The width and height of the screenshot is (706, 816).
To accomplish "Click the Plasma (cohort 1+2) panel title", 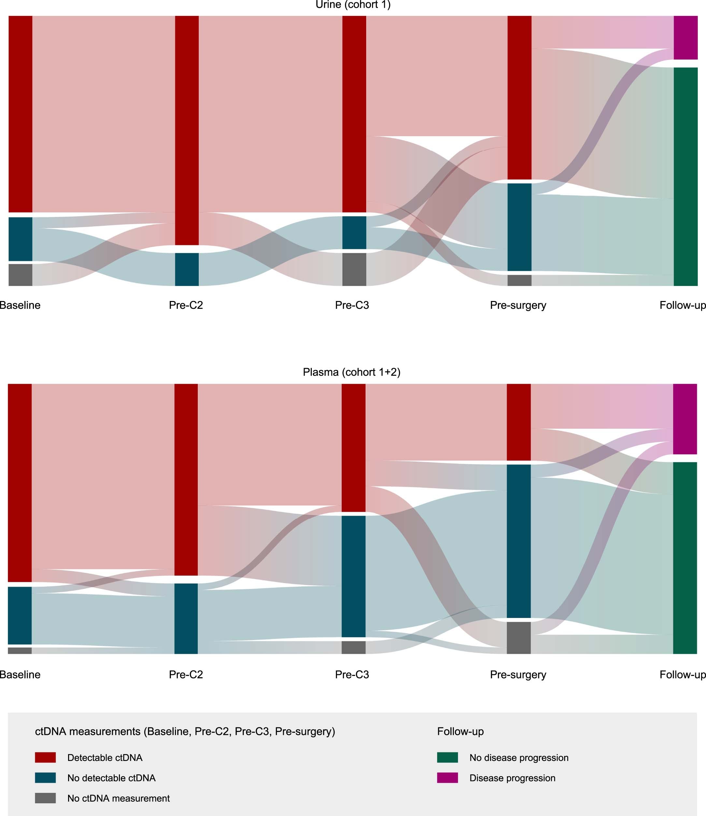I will pos(352,372).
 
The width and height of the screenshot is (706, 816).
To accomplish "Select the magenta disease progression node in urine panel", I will pos(685,37).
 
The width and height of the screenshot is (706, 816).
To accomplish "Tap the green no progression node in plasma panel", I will pos(685,558).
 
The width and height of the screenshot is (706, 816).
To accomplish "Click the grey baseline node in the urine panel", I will pos(20,275).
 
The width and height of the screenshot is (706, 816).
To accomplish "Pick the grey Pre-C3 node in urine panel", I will pos(354,269).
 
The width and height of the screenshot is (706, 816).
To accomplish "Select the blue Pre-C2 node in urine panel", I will pos(187,269).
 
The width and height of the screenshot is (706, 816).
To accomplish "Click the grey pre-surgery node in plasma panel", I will pos(518,637).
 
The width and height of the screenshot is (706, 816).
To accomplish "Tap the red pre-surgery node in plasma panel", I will pos(518,422).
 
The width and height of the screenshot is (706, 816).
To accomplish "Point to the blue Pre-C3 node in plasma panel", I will pos(353,576).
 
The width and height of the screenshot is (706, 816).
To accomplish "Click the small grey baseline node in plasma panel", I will pos(20,651).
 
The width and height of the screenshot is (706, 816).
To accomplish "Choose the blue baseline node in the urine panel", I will pos(20,239).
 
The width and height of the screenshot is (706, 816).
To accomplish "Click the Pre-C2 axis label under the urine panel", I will pos(186,305).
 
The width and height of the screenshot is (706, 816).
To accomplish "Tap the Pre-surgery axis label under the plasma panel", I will pos(518,675).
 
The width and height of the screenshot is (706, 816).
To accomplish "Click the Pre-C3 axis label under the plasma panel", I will pos(352,675).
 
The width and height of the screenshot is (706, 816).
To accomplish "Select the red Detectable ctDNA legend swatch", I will pos(45,757).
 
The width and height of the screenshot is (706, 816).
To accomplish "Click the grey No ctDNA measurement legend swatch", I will pos(45,798).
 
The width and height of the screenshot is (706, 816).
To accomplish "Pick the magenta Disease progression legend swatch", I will pos(447,778).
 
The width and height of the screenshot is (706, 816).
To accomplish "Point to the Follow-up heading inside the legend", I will pos(460,731).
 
